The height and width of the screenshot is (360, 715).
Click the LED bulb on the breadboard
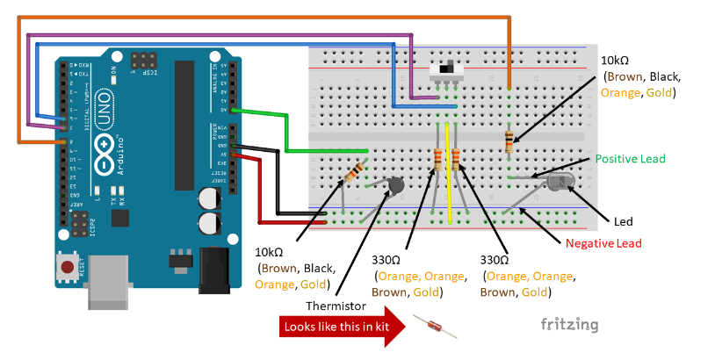tap(560, 184)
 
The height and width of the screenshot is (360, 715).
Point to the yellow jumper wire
tap(449, 170)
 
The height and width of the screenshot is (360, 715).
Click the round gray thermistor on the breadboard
tap(395, 186)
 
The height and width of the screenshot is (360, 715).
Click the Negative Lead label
tap(603, 243)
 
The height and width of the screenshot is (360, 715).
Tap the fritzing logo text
tap(569, 325)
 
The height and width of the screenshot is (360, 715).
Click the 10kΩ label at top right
tap(614, 61)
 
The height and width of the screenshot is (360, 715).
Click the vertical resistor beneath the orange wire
tap(510, 141)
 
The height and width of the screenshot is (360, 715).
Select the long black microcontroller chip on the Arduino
tap(184, 124)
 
